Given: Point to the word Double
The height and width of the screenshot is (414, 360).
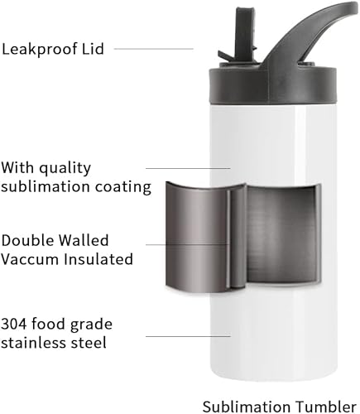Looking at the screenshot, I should pyautogui.click(x=30, y=240).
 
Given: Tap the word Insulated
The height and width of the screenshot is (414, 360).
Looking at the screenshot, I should pyautogui.click(x=98, y=259).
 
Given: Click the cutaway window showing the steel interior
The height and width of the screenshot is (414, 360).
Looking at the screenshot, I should pyautogui.click(x=265, y=233).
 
